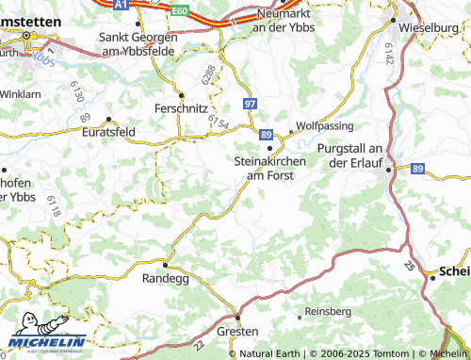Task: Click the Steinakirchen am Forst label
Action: pyautogui.click(x=270, y=168)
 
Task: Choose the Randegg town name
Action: pyautogui.click(x=165, y=280)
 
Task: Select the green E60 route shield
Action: pyautogui.click(x=181, y=9)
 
